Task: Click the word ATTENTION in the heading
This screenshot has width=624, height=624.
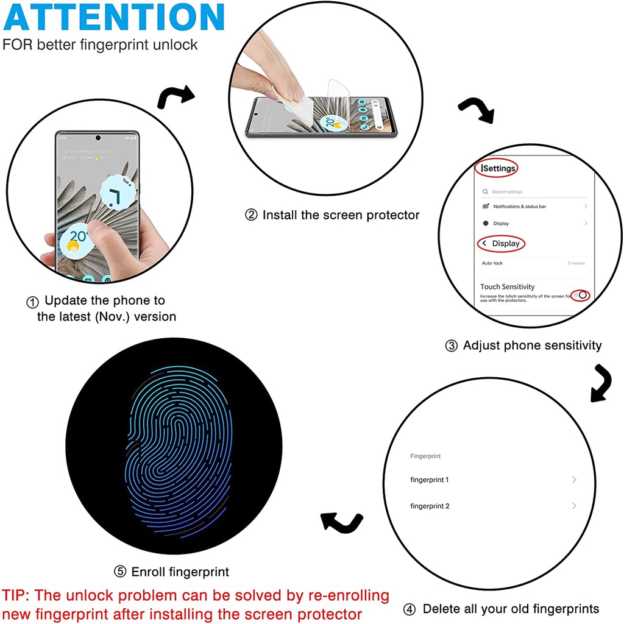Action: pyautogui.click(x=114, y=18)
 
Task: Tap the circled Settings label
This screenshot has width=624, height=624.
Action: pyautogui.click(x=497, y=168)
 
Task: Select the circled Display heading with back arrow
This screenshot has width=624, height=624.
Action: pyautogui.click(x=502, y=244)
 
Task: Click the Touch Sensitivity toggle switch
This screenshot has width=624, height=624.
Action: pyautogui.click(x=583, y=295)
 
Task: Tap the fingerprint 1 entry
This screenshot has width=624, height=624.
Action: pyautogui.click(x=430, y=480)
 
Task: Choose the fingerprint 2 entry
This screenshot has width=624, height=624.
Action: pyautogui.click(x=430, y=506)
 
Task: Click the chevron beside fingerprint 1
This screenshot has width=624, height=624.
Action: pyautogui.click(x=574, y=480)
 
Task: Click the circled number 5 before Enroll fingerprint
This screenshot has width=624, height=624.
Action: pyautogui.click(x=120, y=572)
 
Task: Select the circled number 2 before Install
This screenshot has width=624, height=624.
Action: pyautogui.click(x=251, y=215)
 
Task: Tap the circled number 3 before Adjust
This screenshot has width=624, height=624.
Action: pyautogui.click(x=452, y=346)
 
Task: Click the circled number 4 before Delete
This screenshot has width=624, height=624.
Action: pyautogui.click(x=410, y=609)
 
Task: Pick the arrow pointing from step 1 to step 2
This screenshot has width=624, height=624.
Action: pyautogui.click(x=175, y=96)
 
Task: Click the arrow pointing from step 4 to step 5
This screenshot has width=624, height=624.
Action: pyautogui.click(x=341, y=522)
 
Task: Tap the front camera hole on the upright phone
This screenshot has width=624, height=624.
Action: pyautogui.click(x=97, y=137)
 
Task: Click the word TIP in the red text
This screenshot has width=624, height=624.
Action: pyautogui.click(x=16, y=595)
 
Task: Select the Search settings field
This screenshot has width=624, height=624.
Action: pyautogui.click(x=507, y=192)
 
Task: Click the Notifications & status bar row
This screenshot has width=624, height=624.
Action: pyautogui.click(x=519, y=207)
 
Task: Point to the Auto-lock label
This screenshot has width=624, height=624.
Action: pyautogui.click(x=492, y=263)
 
